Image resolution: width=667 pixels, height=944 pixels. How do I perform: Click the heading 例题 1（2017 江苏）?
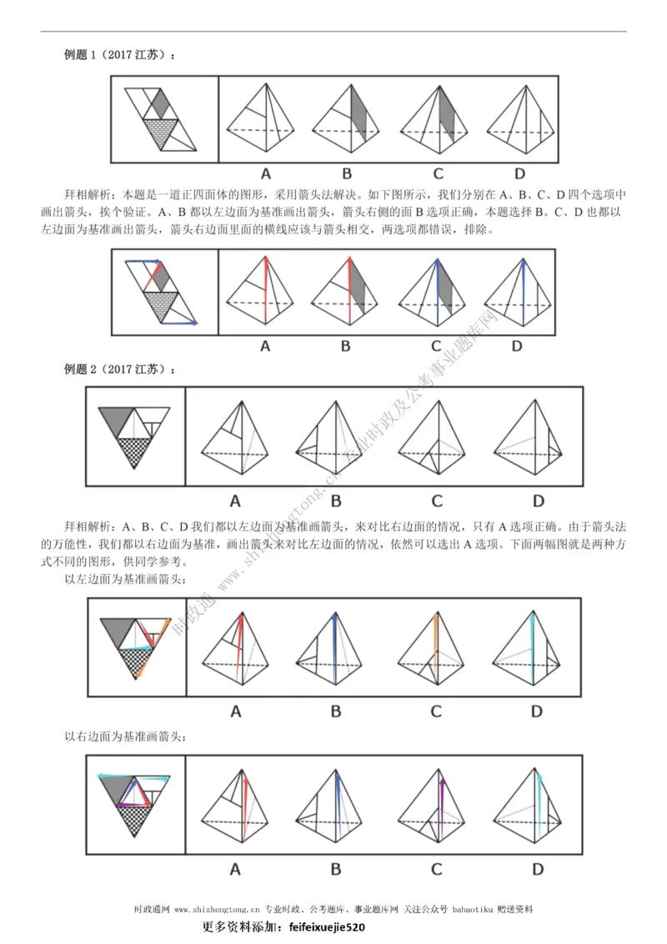(x=120, y=56)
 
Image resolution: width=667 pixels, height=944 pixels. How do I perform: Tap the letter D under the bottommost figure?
(x=538, y=869)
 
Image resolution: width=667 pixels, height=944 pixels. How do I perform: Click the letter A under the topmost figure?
(x=266, y=174)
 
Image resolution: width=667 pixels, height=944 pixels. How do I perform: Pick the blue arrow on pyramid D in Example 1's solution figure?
(x=523, y=288)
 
